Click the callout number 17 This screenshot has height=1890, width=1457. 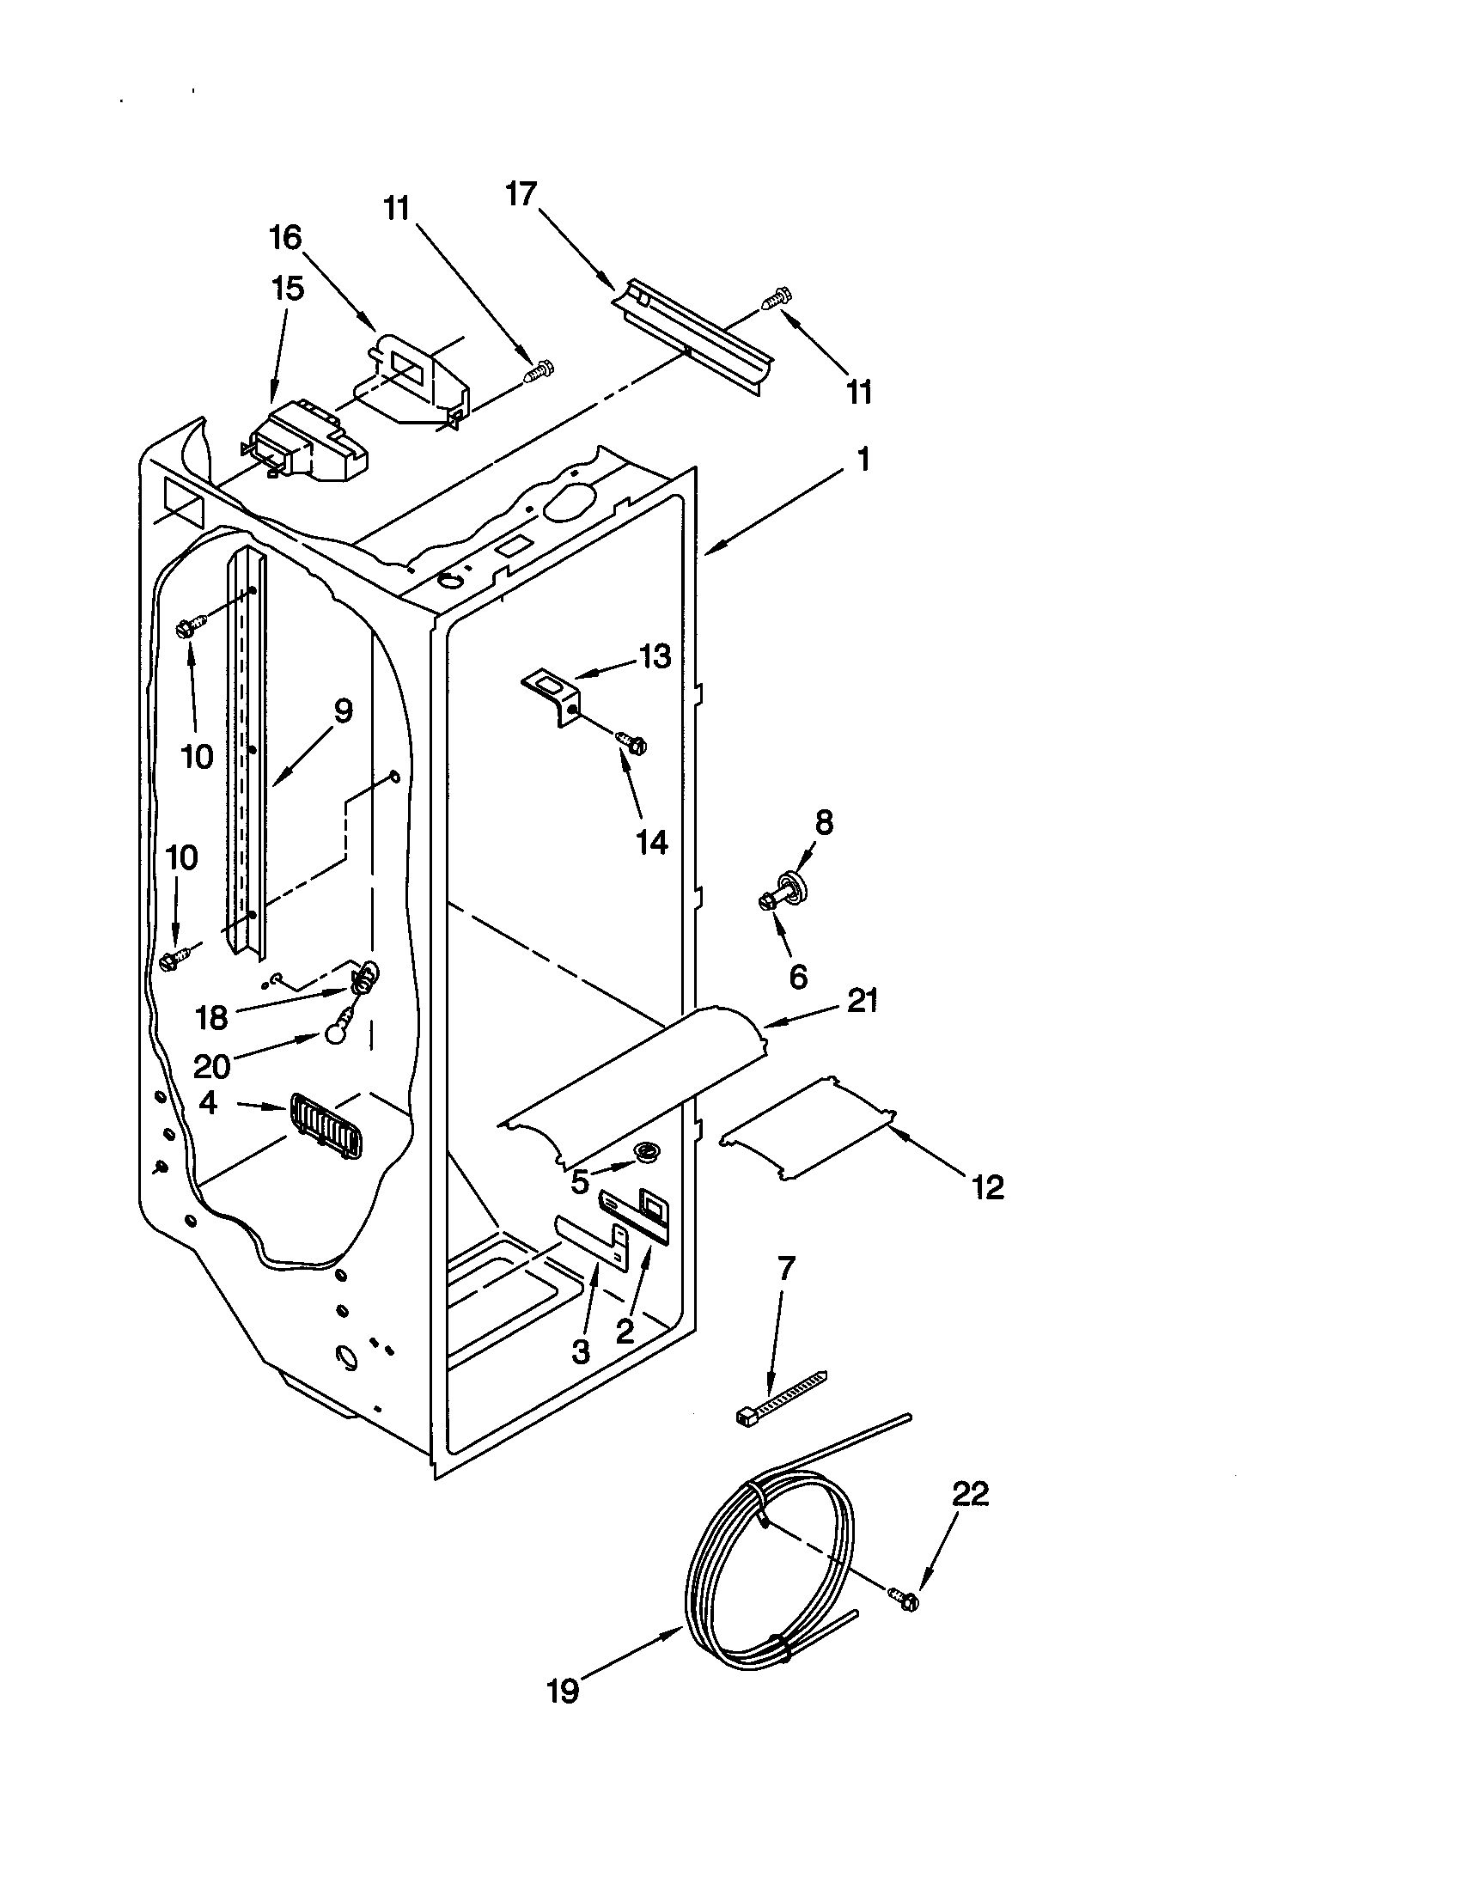point(521,195)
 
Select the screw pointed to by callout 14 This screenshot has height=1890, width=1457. point(631,741)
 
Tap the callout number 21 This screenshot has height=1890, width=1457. point(862,1000)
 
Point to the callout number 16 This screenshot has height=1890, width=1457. point(285,236)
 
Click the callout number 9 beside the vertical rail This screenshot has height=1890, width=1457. point(343,711)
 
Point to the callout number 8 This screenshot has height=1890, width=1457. point(824,823)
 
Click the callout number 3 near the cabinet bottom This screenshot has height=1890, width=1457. point(581,1350)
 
